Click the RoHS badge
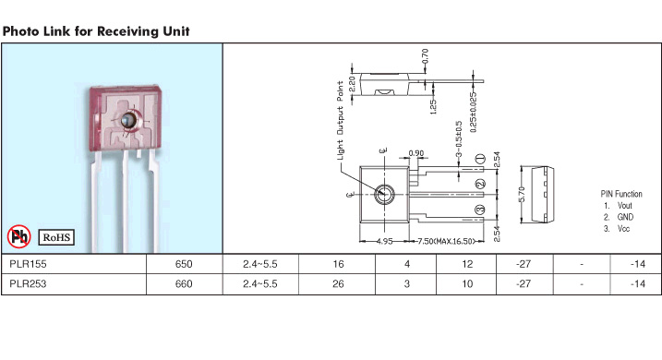pos(56,237)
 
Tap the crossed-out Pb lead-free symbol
pos(19,236)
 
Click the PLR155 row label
pos(28,264)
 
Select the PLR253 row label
pos(28,284)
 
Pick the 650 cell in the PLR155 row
pos(184,264)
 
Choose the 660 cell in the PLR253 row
pos(184,284)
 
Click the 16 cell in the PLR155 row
pos(338,264)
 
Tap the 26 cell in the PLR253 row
pos(338,284)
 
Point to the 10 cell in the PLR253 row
pos(467,284)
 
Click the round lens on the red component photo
pos(128,121)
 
